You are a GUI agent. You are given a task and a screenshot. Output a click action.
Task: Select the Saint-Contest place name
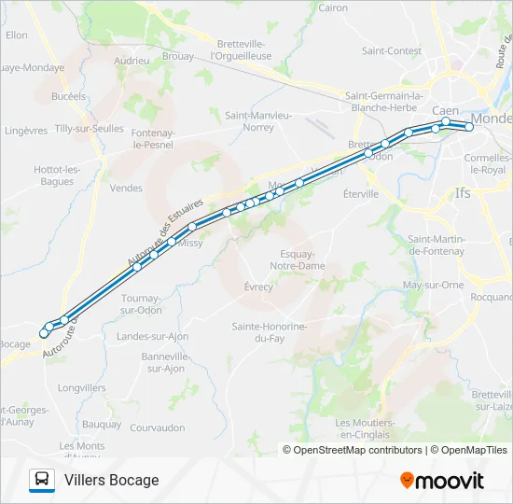click(392, 50)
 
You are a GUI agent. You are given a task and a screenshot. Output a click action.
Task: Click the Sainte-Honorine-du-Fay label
click(270, 332)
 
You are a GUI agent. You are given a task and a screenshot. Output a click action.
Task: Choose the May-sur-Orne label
click(433, 285)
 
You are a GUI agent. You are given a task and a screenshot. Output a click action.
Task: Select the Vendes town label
click(126, 188)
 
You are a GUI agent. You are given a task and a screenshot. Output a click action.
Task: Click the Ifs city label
click(463, 193)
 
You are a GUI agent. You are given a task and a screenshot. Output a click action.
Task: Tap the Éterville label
click(360, 194)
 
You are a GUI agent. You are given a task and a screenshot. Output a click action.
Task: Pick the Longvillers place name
click(82, 387)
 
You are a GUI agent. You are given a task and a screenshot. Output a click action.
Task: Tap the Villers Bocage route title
click(112, 480)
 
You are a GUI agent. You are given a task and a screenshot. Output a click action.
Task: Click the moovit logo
click(441, 480)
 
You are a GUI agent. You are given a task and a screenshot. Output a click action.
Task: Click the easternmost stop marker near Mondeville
click(469, 127)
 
